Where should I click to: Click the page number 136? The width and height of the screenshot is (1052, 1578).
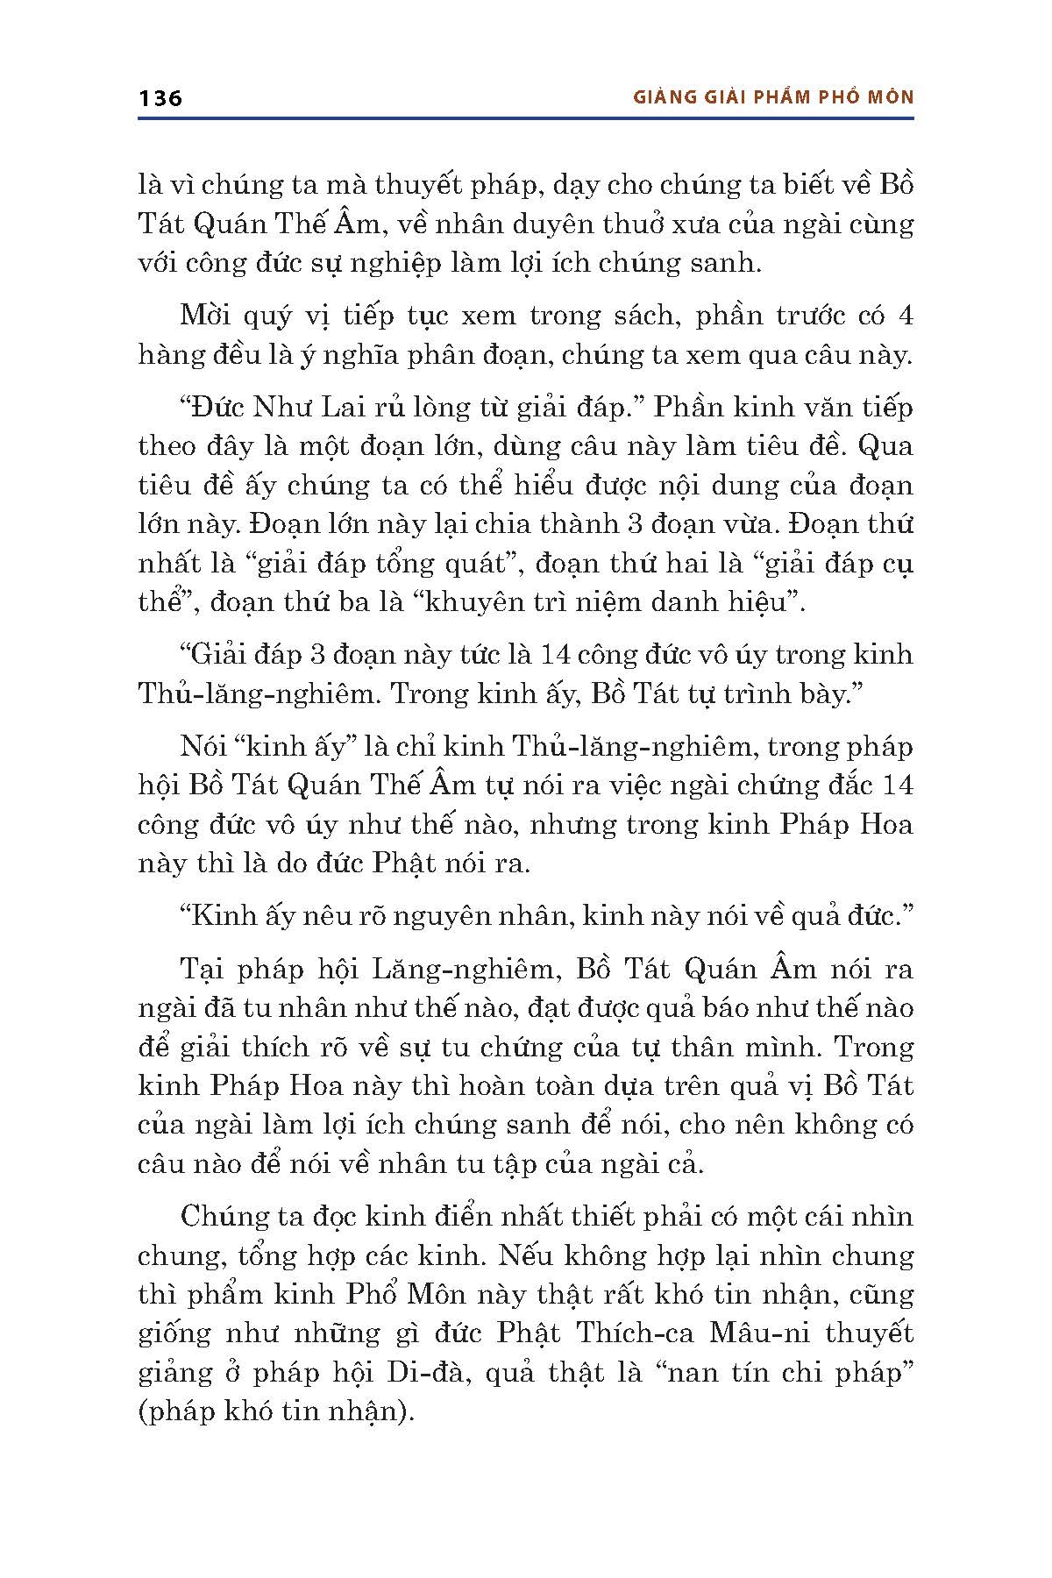pyautogui.click(x=160, y=97)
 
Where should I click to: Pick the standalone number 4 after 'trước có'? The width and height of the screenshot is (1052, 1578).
pyautogui.click(x=906, y=316)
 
